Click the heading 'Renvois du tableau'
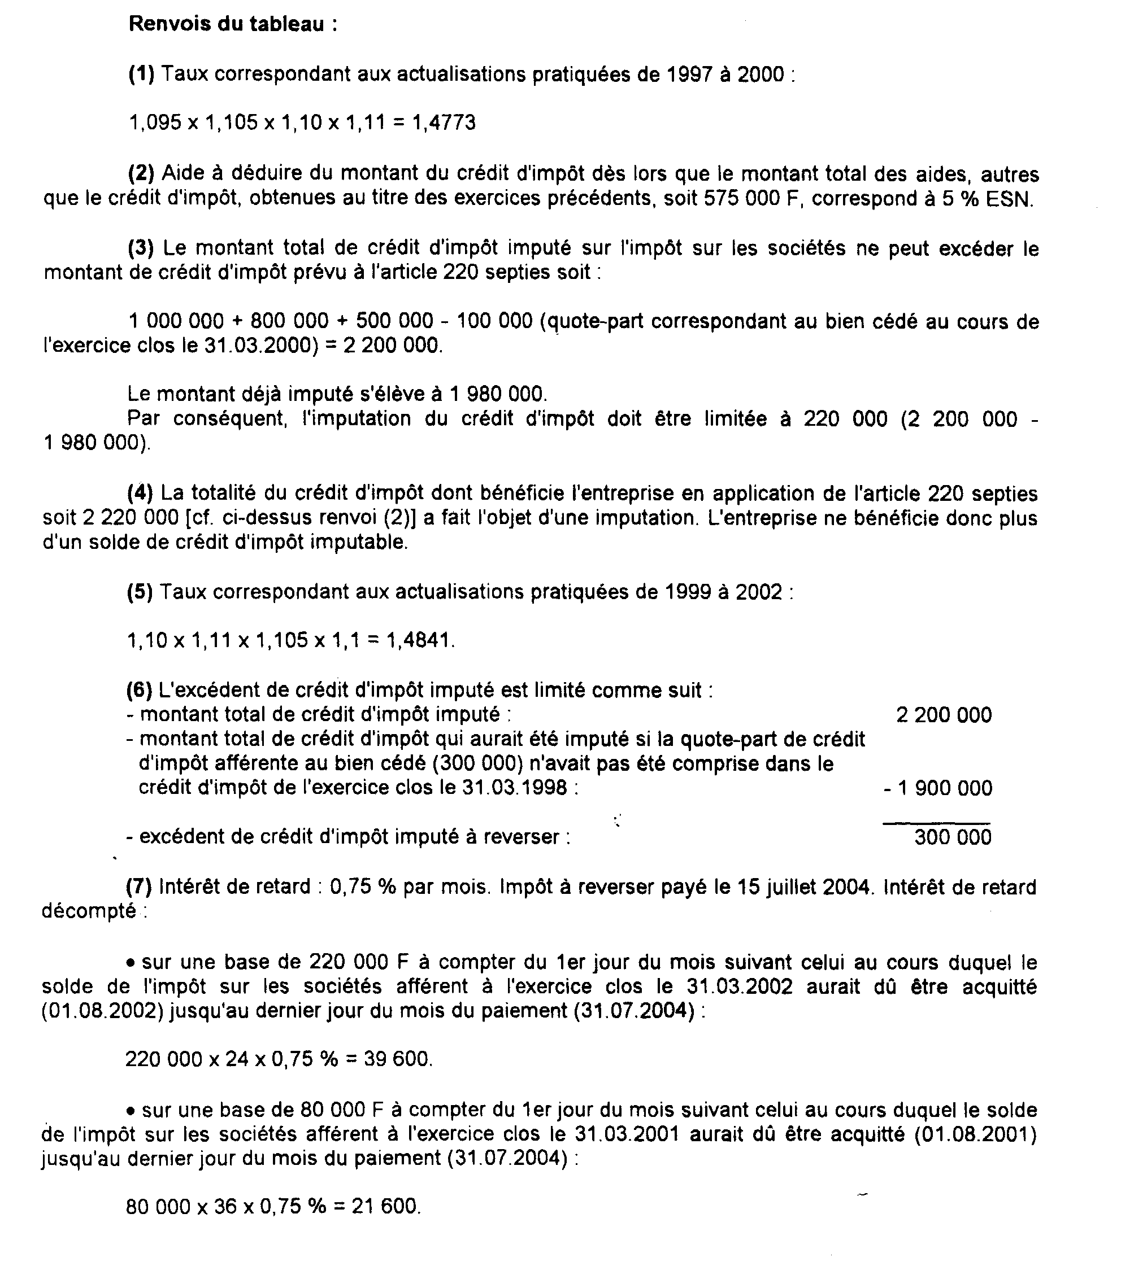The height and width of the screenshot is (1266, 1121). coord(233,24)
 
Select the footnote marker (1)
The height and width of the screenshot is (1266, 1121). coord(141,75)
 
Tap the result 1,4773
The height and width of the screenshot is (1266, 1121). coord(444,123)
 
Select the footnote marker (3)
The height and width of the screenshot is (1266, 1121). coord(141,248)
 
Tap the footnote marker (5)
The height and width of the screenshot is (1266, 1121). coord(140,592)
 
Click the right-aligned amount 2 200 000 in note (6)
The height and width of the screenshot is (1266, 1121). coord(944,715)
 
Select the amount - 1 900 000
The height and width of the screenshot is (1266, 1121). coord(937,788)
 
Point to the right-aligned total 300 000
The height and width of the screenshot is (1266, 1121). coord(953,837)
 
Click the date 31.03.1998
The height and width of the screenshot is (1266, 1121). coord(514,788)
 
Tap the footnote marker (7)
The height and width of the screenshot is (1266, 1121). coord(140,887)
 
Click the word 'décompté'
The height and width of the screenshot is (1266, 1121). coord(89,911)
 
